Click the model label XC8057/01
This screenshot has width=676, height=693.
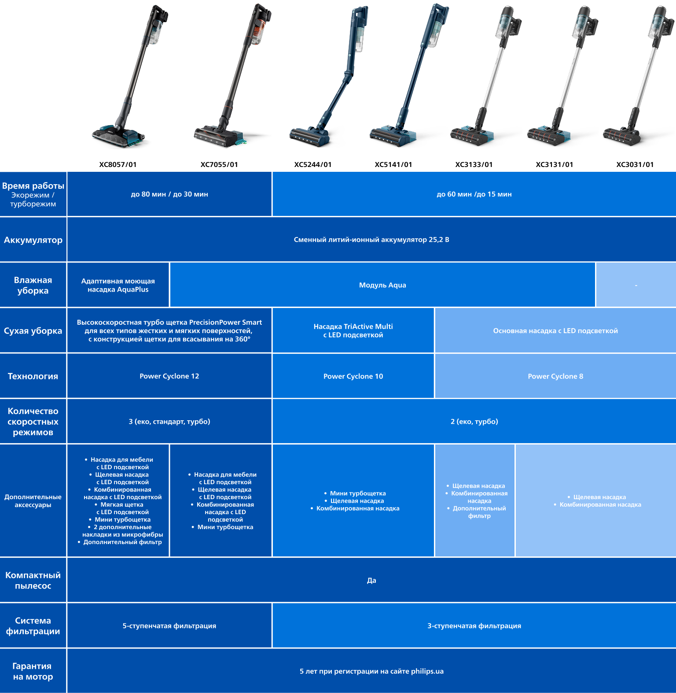118,165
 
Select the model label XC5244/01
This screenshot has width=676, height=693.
313,165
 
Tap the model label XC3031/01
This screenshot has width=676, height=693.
635,165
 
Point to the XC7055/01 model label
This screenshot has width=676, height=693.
219,165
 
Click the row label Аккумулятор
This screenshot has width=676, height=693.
33,240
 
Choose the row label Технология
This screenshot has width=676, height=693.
33,376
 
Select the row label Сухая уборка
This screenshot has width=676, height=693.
33,331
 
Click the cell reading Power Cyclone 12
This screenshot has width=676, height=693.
169,376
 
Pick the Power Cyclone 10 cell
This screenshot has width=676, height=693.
353,376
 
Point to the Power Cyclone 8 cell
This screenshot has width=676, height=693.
555,376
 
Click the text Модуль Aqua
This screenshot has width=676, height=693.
382,285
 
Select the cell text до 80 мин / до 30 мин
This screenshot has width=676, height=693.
169,194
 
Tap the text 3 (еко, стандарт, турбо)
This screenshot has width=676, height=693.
169,422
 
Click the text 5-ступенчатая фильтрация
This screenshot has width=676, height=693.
169,626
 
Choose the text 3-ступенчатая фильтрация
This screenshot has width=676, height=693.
474,626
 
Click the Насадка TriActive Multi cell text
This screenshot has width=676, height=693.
353,326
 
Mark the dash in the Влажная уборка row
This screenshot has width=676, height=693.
636,285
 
